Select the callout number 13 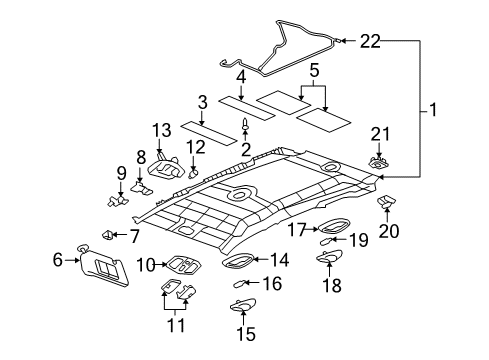[x=162, y=131]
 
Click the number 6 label [x=56, y=259]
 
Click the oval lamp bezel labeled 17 [x=329, y=228]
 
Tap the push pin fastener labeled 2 [x=246, y=126]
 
